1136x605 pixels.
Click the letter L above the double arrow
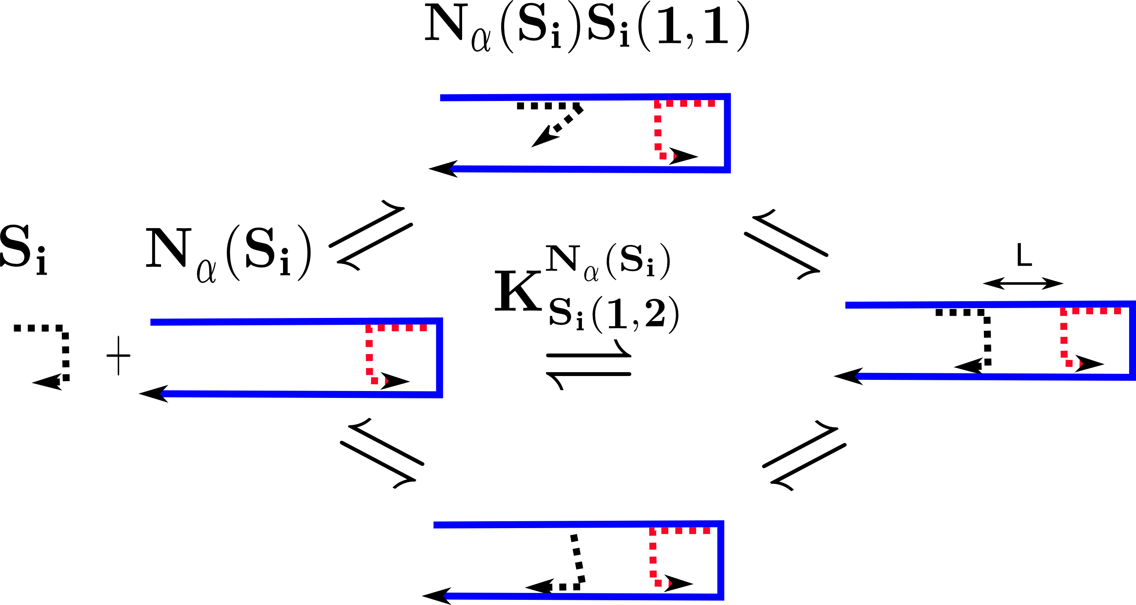(1024, 256)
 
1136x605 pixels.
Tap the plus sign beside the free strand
(119, 356)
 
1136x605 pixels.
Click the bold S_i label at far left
(23, 250)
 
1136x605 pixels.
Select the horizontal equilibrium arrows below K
(588, 364)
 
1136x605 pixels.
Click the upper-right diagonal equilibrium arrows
(786, 245)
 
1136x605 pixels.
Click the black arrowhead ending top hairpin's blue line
(444, 168)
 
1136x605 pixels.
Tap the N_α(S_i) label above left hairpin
(228, 254)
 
